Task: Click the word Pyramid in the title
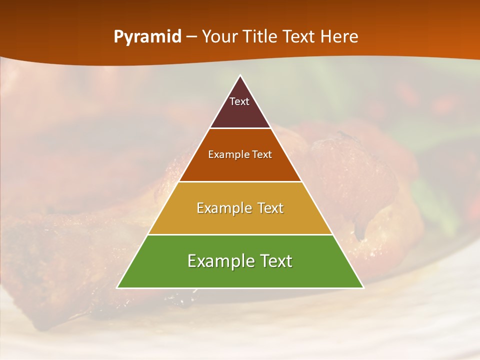pyautogui.click(x=147, y=37)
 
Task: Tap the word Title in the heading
pyautogui.click(x=259, y=36)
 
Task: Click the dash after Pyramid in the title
pyautogui.click(x=191, y=37)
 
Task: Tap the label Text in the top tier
pyautogui.click(x=239, y=101)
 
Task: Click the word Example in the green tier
pyautogui.click(x=219, y=261)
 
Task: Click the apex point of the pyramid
pyautogui.click(x=240, y=76)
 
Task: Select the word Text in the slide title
pyautogui.click(x=299, y=36)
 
